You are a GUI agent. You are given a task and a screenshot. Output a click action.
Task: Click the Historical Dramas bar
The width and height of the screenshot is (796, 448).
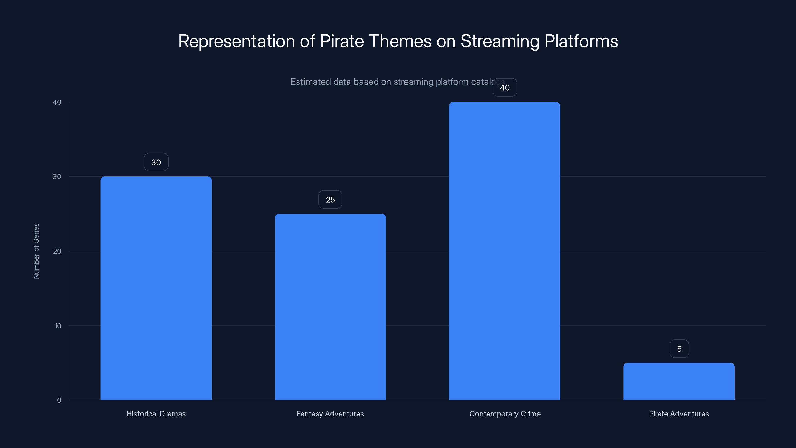tap(156, 288)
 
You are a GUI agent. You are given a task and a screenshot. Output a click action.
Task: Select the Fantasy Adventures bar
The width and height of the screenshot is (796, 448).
tap(330, 307)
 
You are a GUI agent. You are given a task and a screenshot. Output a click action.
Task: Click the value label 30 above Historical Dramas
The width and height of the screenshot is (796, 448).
tap(156, 162)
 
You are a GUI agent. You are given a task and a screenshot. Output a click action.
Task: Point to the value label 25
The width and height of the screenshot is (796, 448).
tap(330, 200)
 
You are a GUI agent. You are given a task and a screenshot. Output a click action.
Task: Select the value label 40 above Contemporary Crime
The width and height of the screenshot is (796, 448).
tap(505, 88)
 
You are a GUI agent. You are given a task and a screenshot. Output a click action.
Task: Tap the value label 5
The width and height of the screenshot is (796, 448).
tap(679, 349)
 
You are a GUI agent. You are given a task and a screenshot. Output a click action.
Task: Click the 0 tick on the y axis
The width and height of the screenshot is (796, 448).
tap(59, 400)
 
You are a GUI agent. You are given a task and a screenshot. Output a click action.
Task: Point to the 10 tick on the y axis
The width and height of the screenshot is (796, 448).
tap(58, 326)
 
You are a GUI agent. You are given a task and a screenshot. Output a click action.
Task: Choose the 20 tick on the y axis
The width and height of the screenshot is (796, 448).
tap(57, 251)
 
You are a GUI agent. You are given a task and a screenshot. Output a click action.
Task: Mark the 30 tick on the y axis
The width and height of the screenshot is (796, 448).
tap(57, 177)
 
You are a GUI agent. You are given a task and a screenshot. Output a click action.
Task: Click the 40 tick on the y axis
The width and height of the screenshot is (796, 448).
tap(57, 102)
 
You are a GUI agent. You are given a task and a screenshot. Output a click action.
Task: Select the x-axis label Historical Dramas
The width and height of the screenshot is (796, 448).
tap(156, 414)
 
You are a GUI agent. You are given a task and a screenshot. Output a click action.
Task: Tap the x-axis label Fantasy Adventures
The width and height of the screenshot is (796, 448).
tap(330, 414)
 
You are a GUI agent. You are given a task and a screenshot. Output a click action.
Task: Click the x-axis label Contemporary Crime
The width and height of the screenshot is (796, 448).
tap(505, 414)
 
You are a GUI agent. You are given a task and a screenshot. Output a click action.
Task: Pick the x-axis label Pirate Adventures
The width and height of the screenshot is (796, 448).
tap(679, 414)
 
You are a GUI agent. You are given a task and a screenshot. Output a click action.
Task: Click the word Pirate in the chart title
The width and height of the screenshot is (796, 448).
tap(342, 41)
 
